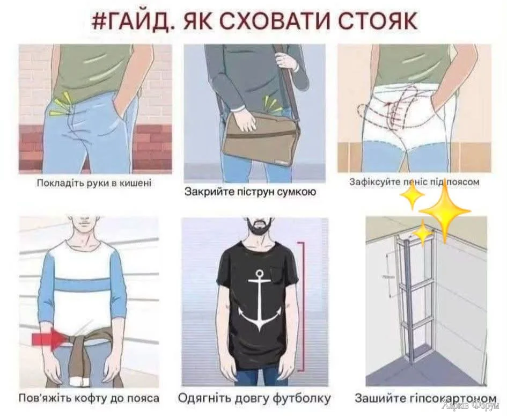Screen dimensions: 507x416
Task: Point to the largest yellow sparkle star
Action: click(445, 210)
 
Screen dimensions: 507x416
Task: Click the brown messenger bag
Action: click(261, 140)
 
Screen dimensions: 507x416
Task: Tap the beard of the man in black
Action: click(258, 228)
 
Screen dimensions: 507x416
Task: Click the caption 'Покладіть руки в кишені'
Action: click(94, 183)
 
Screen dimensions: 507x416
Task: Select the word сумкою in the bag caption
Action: click(297, 192)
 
